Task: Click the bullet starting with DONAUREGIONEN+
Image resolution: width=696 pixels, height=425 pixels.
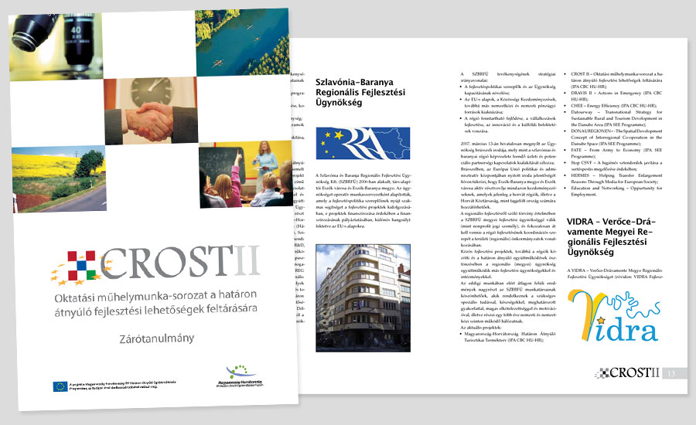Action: (x=618, y=132)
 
